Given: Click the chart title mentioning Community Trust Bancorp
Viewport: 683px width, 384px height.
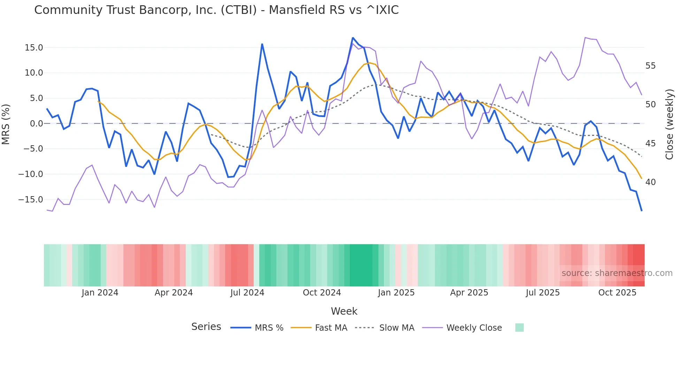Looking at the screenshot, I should tap(216, 10).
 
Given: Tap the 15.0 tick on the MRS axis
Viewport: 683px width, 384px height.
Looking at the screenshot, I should tap(34, 48).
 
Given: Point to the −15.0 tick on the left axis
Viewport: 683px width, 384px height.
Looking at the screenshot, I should tap(31, 200).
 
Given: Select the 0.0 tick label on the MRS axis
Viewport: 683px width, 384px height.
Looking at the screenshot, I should tap(36, 124).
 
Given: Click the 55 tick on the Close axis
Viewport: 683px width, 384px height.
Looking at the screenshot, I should tap(650, 66).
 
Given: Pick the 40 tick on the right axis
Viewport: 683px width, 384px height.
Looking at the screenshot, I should tap(650, 182).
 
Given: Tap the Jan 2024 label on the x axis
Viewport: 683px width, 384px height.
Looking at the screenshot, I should tap(100, 293).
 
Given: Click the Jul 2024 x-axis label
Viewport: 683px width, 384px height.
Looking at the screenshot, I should tap(247, 293).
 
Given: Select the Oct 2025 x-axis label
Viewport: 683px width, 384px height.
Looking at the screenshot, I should tap(617, 293).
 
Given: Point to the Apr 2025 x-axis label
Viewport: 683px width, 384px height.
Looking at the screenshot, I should tap(469, 293).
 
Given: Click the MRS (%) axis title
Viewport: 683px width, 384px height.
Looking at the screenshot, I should tap(6, 124).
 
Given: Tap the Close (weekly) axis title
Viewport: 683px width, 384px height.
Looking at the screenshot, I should tap(669, 124).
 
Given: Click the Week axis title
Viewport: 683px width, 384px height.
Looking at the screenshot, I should tap(344, 311).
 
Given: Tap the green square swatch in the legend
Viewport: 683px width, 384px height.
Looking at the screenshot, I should tap(519, 328).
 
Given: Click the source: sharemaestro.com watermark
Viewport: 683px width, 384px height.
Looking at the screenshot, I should tap(617, 273).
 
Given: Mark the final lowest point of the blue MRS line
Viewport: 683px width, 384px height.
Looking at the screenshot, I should tap(642, 211).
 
